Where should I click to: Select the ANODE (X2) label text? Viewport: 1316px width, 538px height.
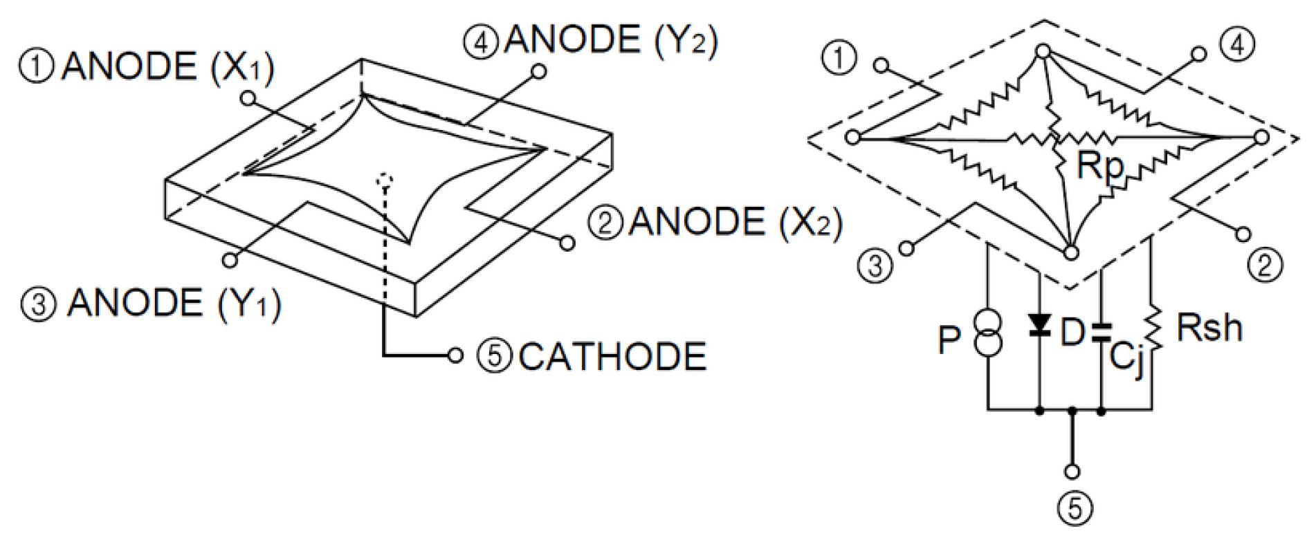click(735, 223)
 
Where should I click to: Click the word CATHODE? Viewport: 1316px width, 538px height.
click(612, 357)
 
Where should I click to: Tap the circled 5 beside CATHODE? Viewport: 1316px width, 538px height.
click(494, 357)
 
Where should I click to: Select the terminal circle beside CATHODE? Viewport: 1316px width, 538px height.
click(455, 355)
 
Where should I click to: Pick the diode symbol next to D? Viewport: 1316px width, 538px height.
click(1039, 324)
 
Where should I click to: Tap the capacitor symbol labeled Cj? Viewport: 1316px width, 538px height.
click(1101, 333)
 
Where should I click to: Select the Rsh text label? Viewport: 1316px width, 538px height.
click(1209, 328)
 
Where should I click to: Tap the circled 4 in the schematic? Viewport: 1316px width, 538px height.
click(1237, 45)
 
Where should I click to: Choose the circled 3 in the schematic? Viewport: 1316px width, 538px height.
click(875, 266)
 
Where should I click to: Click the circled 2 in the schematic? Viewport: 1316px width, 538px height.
click(1265, 265)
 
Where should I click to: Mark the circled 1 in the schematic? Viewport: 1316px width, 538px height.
click(839, 58)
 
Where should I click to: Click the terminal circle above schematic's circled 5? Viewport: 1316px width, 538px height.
click(1072, 472)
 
